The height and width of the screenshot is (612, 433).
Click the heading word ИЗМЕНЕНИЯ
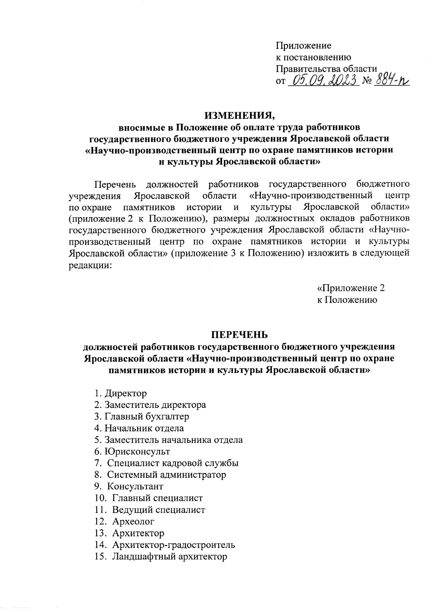click(240, 116)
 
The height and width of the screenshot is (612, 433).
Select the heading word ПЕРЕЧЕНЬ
click(240, 335)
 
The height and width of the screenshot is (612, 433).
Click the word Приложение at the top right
click(303, 46)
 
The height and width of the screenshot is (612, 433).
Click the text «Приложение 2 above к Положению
click(351, 288)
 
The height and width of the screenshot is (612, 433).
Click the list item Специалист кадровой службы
click(172, 463)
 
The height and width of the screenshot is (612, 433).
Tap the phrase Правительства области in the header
click(327, 69)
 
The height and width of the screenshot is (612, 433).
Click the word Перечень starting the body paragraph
click(115, 184)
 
